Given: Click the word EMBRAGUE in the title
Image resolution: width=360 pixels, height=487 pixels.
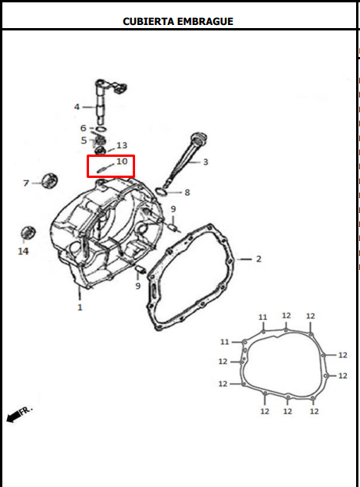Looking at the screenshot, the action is pos(205,21).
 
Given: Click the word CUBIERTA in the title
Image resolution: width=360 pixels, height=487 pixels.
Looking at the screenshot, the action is pos(149,21).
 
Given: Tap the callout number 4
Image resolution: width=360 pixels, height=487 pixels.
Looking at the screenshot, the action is pos(77,107).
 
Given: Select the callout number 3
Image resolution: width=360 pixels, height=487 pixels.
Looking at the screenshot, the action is pos(205,162).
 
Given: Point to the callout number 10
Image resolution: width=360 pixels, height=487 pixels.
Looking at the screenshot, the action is pos(122,162).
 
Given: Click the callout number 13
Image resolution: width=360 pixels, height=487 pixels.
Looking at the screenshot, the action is pos(122,145).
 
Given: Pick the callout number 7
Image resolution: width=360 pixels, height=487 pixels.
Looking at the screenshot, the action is pos(26,183).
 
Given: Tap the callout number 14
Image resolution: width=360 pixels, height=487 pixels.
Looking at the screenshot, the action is pos(23,251).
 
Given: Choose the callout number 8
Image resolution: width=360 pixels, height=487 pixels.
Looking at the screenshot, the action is pos(187,193).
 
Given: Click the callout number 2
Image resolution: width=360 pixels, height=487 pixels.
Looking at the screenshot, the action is pos(258,259).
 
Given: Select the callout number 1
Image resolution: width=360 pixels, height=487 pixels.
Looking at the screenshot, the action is pos(80,307).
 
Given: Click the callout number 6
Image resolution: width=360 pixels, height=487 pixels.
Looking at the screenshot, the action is pos(84,128).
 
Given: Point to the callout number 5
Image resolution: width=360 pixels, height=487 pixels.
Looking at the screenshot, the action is pos(84,140).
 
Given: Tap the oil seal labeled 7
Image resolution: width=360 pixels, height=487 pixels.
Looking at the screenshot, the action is pos(50,180).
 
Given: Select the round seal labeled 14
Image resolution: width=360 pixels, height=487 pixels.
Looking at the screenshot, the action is pos(28,233).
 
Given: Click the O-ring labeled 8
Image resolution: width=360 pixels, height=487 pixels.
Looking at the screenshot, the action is pos(161,191).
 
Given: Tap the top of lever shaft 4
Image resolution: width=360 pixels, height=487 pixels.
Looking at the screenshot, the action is pos(101,82).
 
